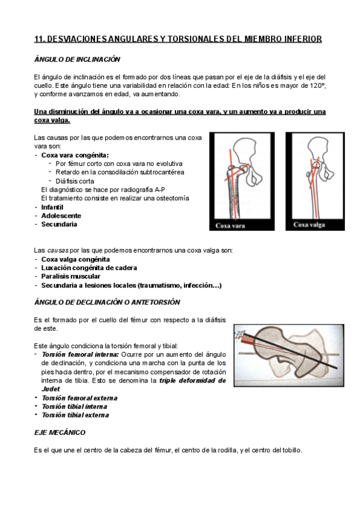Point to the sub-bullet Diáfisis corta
tap(75, 181)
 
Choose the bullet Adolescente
tap(61, 215)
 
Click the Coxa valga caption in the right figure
tap(309, 225)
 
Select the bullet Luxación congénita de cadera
tap(89, 268)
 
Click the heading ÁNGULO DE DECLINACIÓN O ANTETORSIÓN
tap(107, 302)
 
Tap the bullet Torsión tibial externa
tap(75, 415)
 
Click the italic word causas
tap(55, 250)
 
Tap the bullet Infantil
tap(53, 206)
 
